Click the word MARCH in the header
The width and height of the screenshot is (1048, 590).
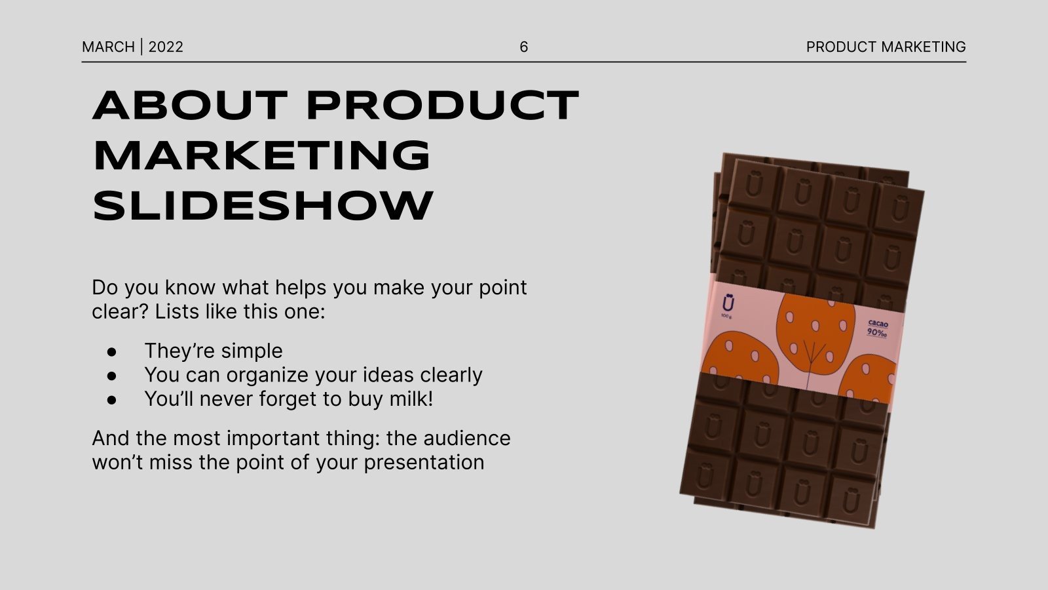click(108, 47)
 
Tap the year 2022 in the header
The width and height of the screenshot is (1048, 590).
click(166, 47)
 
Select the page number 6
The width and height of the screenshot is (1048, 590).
click(523, 47)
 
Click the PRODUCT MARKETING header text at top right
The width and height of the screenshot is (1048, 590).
click(886, 47)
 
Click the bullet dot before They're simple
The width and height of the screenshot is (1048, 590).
click(111, 351)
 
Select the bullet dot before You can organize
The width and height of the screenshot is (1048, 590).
click(111, 376)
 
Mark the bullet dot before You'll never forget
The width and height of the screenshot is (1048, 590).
click(111, 399)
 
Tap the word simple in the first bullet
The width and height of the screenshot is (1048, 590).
click(252, 351)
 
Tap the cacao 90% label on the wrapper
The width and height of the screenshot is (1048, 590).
click(877, 328)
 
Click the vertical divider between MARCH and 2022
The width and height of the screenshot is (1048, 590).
click(141, 47)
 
